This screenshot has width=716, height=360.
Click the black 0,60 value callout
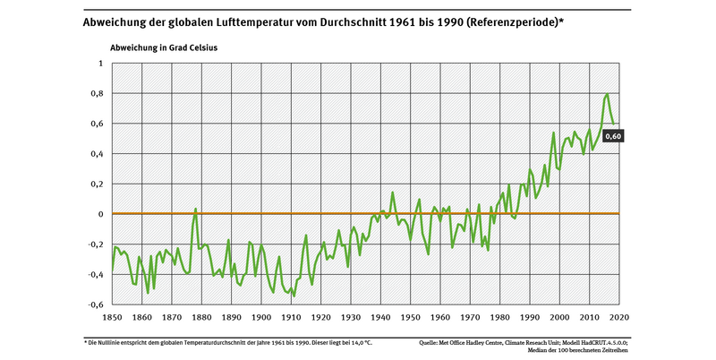pyautogui.click(x=614, y=136)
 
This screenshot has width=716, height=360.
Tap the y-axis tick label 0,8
pyautogui.click(x=97, y=94)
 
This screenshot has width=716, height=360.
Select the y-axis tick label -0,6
pyautogui.click(x=95, y=304)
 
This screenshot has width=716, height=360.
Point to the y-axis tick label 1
pyautogui.click(x=100, y=64)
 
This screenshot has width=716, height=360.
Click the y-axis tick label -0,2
pyautogui.click(x=95, y=244)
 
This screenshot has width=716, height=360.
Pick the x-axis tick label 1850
pyautogui.click(x=113, y=318)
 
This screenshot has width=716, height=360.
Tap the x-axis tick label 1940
pyautogui.click(x=380, y=318)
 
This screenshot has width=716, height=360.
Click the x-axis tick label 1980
pyautogui.click(x=499, y=318)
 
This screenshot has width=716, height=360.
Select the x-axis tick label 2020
pyautogui.click(x=618, y=318)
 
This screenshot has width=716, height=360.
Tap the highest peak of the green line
pyautogui.click(x=608, y=94)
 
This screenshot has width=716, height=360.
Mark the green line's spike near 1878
pyautogui.click(x=195, y=209)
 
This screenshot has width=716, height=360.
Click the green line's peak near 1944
pyautogui.click(x=392, y=192)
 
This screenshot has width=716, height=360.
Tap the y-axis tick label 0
pyautogui.click(x=100, y=214)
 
